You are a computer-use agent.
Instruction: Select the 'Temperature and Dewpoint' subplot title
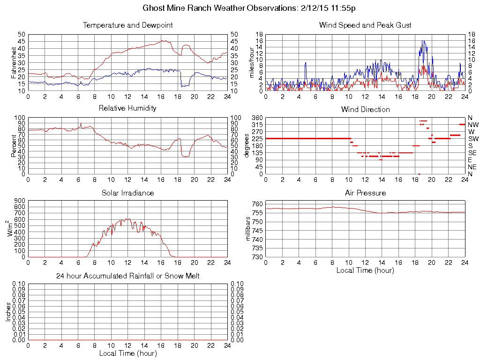[127, 25]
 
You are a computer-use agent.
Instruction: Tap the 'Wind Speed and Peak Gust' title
[365, 25]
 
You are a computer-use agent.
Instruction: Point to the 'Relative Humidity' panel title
[127, 108]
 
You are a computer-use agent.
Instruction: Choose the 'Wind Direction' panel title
[365, 109]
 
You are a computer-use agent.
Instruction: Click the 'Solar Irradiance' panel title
[127, 193]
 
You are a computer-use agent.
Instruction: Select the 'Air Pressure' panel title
[365, 193]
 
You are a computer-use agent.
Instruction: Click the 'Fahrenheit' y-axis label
[14, 62]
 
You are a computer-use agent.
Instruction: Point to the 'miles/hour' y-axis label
[251, 62]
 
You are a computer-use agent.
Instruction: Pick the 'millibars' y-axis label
[248, 230]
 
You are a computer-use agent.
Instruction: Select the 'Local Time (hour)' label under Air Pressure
[365, 270]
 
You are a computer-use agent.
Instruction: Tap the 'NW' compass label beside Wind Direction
[472, 125]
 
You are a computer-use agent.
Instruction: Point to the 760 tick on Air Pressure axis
[257, 204]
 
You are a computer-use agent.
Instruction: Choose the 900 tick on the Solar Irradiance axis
[19, 201]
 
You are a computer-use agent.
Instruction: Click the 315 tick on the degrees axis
[256, 125]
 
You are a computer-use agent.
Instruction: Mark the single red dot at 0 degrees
[419, 174]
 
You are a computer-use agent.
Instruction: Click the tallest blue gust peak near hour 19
[423, 41]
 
